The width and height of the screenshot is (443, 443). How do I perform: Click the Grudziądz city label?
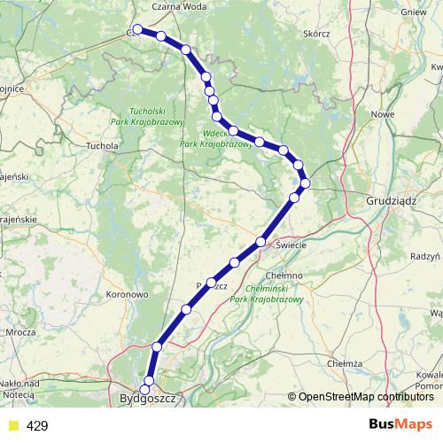coord(391,201)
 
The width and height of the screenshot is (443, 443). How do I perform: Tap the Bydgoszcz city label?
coord(148,400)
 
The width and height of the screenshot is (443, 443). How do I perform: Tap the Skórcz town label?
coord(315,34)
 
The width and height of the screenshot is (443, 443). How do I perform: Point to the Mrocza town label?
coord(19,332)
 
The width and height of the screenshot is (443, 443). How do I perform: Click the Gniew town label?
coord(414,12)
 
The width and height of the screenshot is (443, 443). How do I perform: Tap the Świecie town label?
coord(291,244)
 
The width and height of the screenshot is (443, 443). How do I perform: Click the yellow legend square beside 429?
coord(12,426)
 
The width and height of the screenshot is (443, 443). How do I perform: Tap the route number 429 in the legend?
coord(37,426)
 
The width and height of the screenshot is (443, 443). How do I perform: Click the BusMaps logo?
coord(400,425)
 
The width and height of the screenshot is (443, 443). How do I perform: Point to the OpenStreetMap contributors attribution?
coord(366,396)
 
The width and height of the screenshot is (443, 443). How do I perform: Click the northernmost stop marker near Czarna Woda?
coord(138,29)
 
